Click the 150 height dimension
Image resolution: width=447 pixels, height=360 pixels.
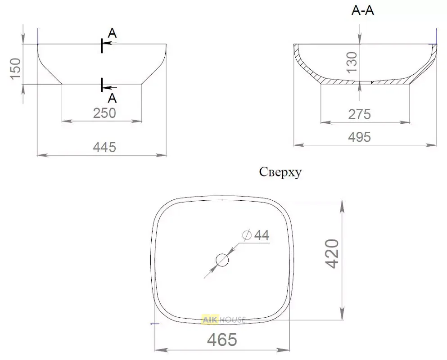(15, 69)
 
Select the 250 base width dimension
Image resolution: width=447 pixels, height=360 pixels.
(104, 113)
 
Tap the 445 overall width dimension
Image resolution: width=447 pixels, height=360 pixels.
(104, 147)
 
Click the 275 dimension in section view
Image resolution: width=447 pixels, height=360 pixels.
(360, 114)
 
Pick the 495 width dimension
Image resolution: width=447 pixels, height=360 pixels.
(360, 137)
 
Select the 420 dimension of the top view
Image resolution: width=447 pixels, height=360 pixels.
(332, 254)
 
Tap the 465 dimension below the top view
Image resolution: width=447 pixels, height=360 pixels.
(222, 339)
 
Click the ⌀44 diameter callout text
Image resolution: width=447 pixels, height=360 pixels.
(256, 235)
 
